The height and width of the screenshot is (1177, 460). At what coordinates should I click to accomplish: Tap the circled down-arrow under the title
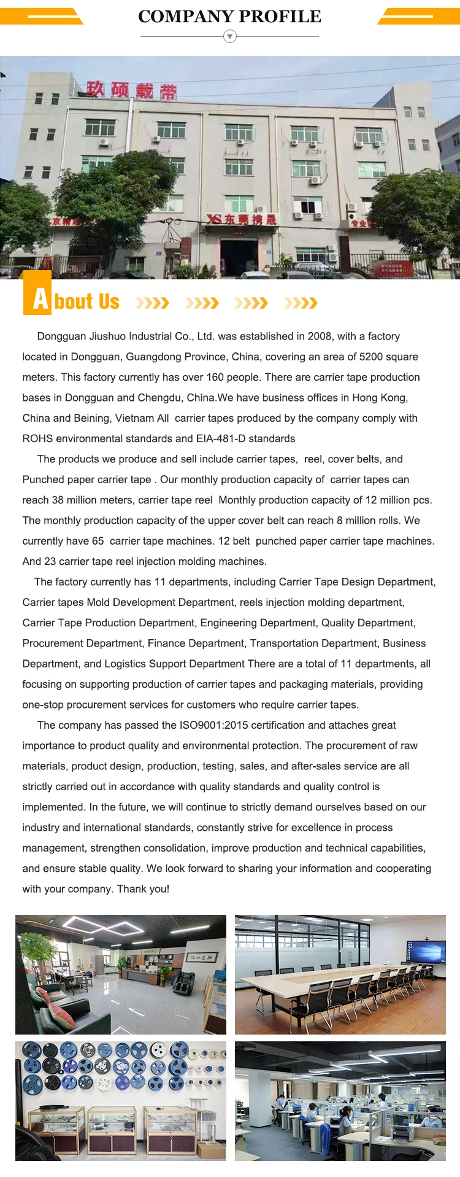tap(230, 37)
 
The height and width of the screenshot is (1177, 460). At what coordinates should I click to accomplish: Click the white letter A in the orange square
tap(40, 300)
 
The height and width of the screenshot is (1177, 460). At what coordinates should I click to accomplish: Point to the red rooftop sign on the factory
tap(131, 90)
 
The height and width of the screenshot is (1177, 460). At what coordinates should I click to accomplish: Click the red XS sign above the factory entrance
tap(241, 219)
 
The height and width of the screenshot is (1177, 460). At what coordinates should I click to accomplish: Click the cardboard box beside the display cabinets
tap(211, 1149)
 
